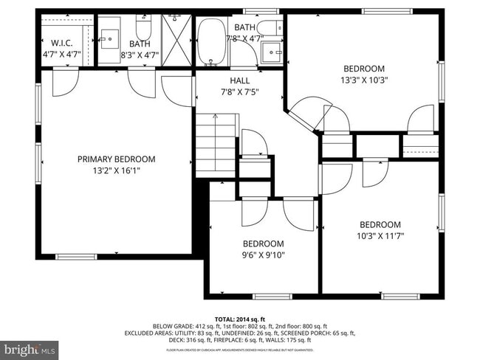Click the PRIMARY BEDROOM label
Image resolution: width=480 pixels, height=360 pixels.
point(117,159)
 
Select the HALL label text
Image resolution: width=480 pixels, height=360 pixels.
point(240,80)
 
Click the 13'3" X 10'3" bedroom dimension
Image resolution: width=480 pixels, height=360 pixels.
point(364,80)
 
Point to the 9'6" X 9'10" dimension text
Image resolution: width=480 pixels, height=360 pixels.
point(264,255)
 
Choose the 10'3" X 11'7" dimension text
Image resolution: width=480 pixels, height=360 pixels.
point(380,236)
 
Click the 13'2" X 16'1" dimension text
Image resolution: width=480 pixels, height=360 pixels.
point(117,170)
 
